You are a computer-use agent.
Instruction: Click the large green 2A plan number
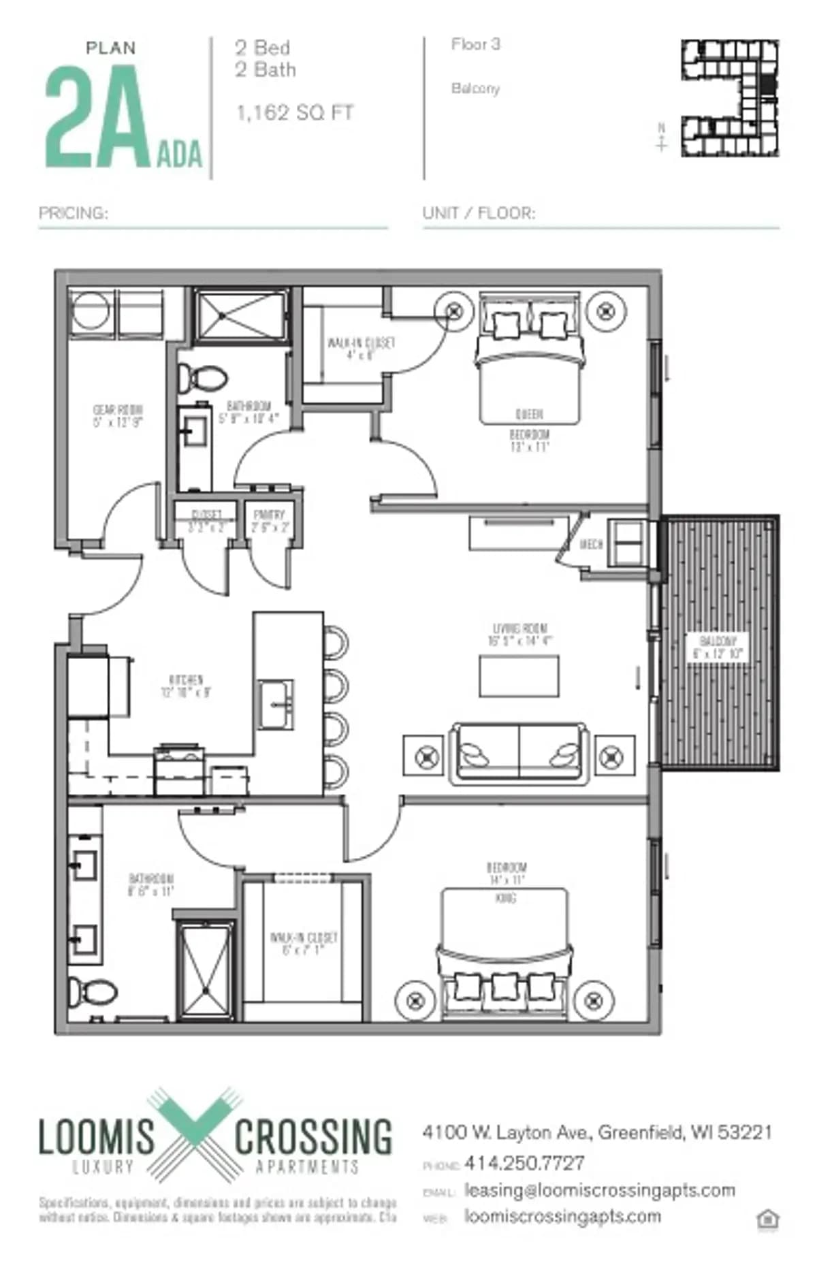point(97,117)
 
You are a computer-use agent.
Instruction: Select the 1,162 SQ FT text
point(294,113)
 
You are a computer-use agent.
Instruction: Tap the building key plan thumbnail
point(730,98)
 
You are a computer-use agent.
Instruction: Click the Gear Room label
point(118,415)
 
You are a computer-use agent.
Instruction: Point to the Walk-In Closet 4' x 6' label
point(360,349)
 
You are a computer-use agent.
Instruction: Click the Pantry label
point(269,521)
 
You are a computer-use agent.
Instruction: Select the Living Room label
point(519,634)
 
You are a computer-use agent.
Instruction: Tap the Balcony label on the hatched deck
point(718,648)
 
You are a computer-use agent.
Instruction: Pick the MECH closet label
point(591,545)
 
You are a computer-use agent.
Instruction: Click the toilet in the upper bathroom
point(202,378)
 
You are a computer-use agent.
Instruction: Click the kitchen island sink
point(276,704)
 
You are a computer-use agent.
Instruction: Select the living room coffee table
point(519,676)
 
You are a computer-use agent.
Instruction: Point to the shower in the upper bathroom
point(240,315)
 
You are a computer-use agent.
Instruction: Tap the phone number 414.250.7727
point(524,1163)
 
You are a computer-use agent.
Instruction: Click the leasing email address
point(599,1189)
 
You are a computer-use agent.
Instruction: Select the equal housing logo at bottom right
point(768,1219)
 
